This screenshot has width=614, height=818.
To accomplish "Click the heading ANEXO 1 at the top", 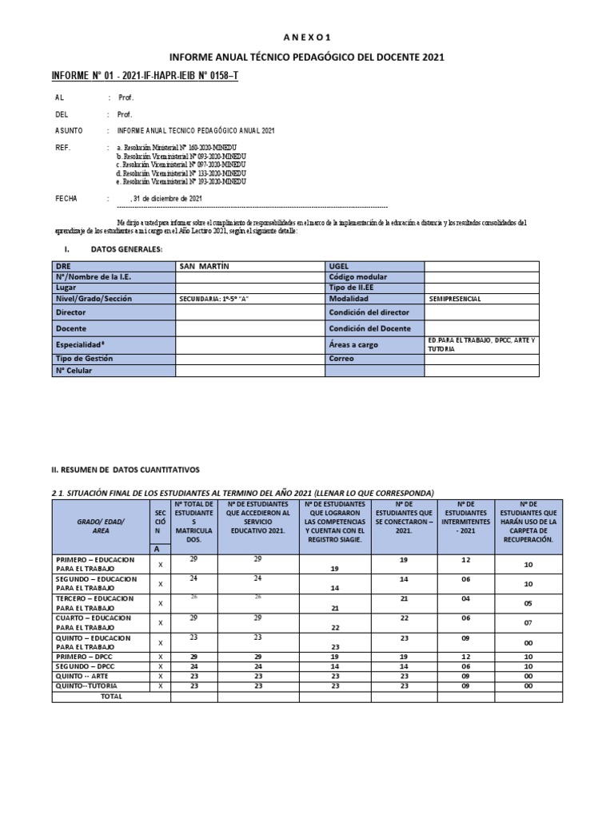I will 307,37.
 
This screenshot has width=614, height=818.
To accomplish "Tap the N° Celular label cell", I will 113,371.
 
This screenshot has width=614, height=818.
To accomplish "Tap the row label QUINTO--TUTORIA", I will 99,686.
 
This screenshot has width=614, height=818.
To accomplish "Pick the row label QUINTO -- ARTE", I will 99,676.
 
